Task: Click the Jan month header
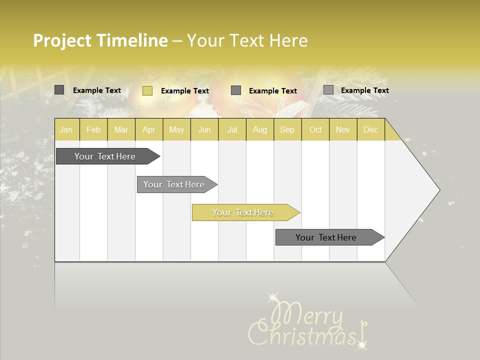coord(66,130)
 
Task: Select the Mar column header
coord(121,130)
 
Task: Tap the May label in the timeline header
coord(176,130)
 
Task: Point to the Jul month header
coord(232,130)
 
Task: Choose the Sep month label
coord(287,130)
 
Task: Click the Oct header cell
coord(315,130)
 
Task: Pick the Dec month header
coord(370,130)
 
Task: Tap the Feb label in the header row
coord(93,130)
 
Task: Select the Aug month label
coord(259,130)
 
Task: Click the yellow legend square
coord(147,90)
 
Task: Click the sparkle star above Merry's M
coord(272,298)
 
